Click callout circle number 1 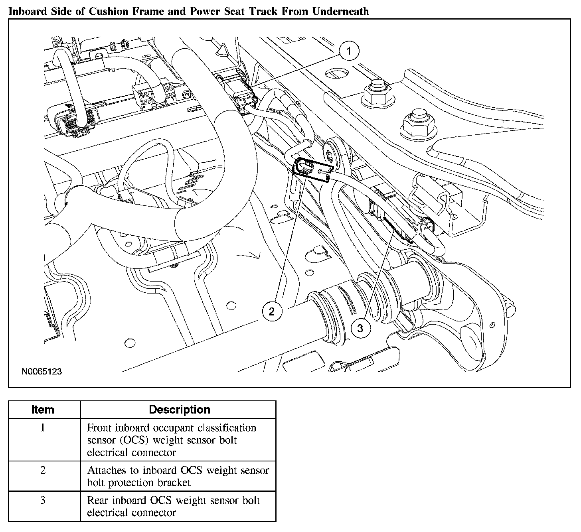(349, 51)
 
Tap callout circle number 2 (272, 311)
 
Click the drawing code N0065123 (42, 371)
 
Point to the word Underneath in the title (340, 11)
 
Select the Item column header (43, 410)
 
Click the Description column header (179, 410)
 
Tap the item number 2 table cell (43, 470)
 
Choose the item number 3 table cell (43, 500)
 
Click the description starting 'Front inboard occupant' (172, 440)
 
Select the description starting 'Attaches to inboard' (178, 477)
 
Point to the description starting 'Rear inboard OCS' (174, 506)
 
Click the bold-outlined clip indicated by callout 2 (312, 170)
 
